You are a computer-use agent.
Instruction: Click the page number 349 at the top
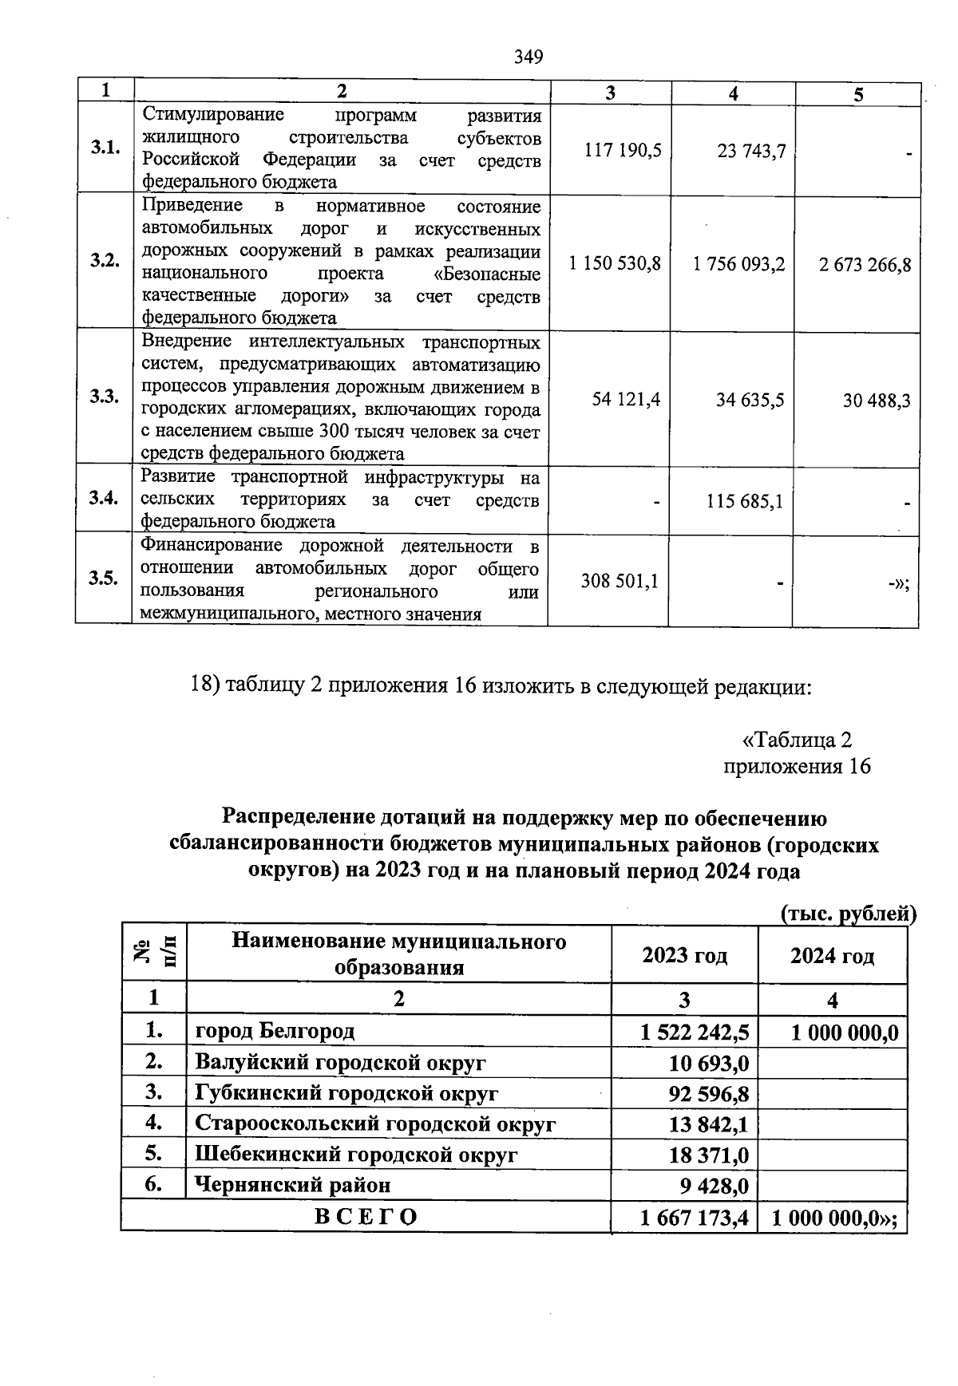point(528,57)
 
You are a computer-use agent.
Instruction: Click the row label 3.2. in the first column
point(105,261)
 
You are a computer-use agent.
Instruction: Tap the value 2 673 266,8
point(865,264)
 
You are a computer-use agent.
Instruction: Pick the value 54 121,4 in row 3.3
point(626,399)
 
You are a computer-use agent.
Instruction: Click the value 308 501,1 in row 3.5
point(620,581)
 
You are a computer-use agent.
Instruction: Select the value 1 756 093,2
point(739,264)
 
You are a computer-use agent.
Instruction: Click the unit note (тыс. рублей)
point(848,913)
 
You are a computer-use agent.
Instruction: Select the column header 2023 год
point(684,955)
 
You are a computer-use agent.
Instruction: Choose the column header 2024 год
point(832,955)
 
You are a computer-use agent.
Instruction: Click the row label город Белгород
point(275,1031)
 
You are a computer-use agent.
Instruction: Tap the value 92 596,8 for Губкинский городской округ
point(708,1093)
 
